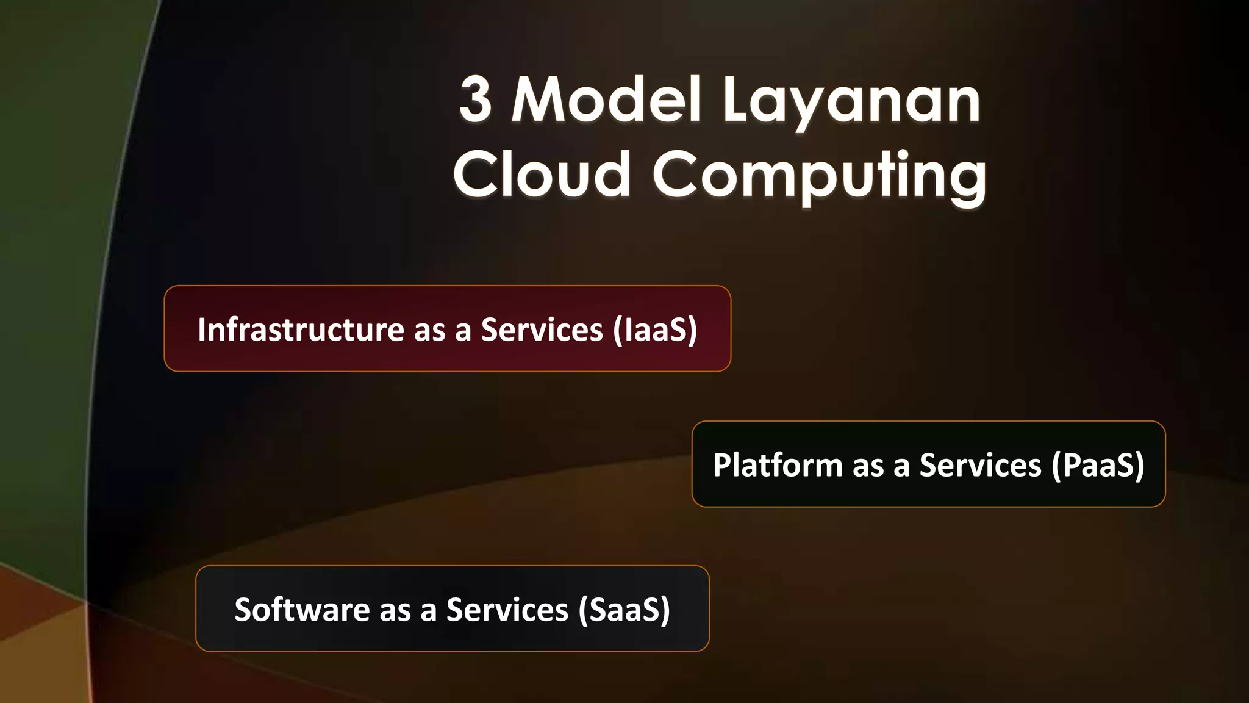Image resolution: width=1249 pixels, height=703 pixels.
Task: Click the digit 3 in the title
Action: click(x=476, y=99)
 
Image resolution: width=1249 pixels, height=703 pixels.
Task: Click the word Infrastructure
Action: click(x=301, y=330)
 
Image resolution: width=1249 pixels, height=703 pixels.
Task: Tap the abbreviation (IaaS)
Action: click(x=655, y=330)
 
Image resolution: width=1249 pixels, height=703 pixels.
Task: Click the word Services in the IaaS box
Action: click(x=542, y=330)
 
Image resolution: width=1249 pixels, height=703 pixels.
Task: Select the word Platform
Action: click(x=778, y=465)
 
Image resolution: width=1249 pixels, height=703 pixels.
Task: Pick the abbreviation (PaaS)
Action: click(x=1098, y=465)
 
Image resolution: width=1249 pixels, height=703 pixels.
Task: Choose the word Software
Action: click(x=302, y=610)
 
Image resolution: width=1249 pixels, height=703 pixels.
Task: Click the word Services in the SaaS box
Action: click(x=507, y=610)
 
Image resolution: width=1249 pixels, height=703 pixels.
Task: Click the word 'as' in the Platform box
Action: click(x=868, y=466)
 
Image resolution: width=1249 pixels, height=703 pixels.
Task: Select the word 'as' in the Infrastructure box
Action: click(x=429, y=331)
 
